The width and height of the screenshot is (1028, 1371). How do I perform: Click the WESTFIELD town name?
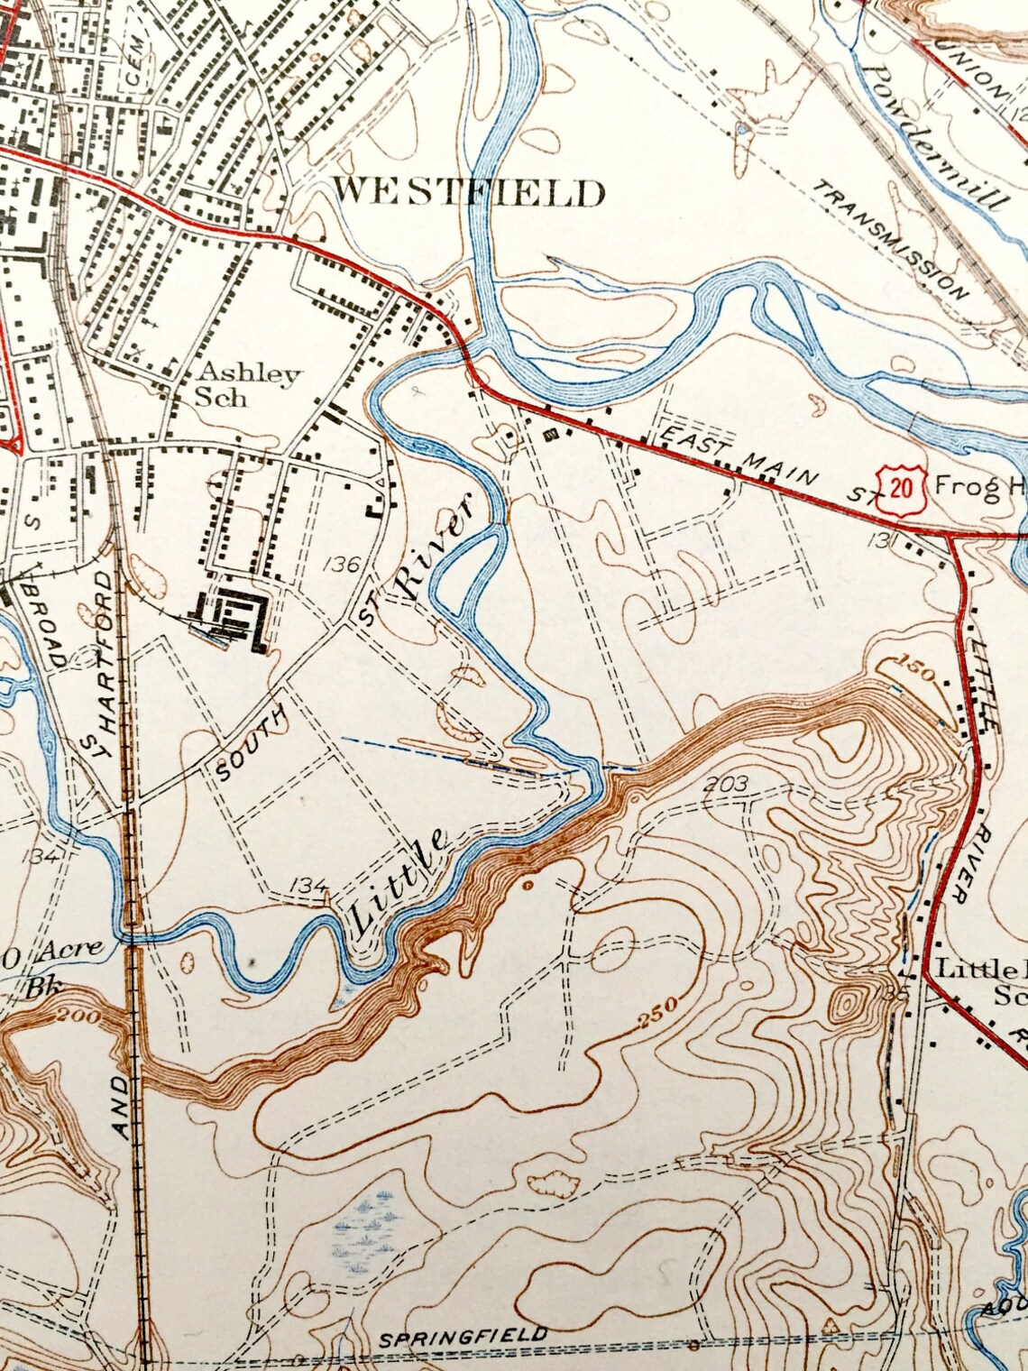[x=469, y=192]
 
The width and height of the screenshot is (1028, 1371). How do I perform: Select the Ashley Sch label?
[x=248, y=384]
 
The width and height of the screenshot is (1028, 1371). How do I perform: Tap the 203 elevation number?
[x=728, y=784]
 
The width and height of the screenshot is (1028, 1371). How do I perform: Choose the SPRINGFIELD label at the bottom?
[x=463, y=1339]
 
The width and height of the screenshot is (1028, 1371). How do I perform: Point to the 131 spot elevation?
[x=882, y=540]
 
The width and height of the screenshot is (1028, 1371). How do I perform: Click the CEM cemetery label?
[x=136, y=43]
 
